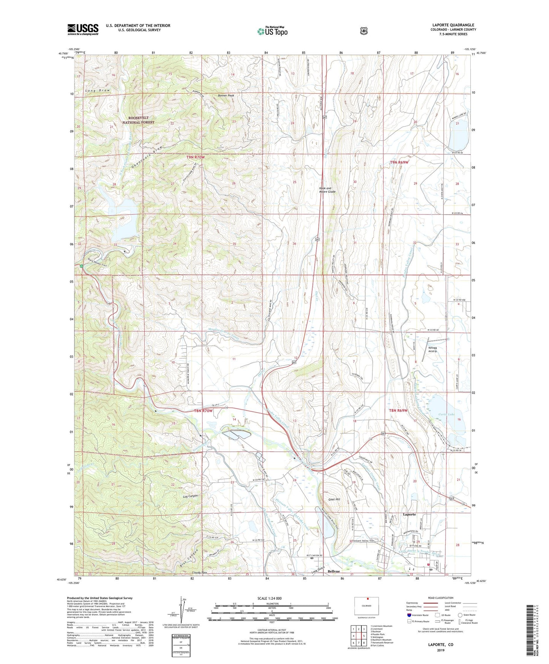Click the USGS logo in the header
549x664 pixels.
tap(83, 29)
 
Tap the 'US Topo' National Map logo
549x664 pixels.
tap(272, 31)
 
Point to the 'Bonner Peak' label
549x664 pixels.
tap(226, 95)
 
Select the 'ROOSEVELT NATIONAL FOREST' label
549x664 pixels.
tap(138, 120)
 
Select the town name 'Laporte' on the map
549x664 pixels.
tap(409, 514)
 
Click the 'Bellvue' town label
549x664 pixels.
tap(334, 572)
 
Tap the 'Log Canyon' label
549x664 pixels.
tap(190, 496)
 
